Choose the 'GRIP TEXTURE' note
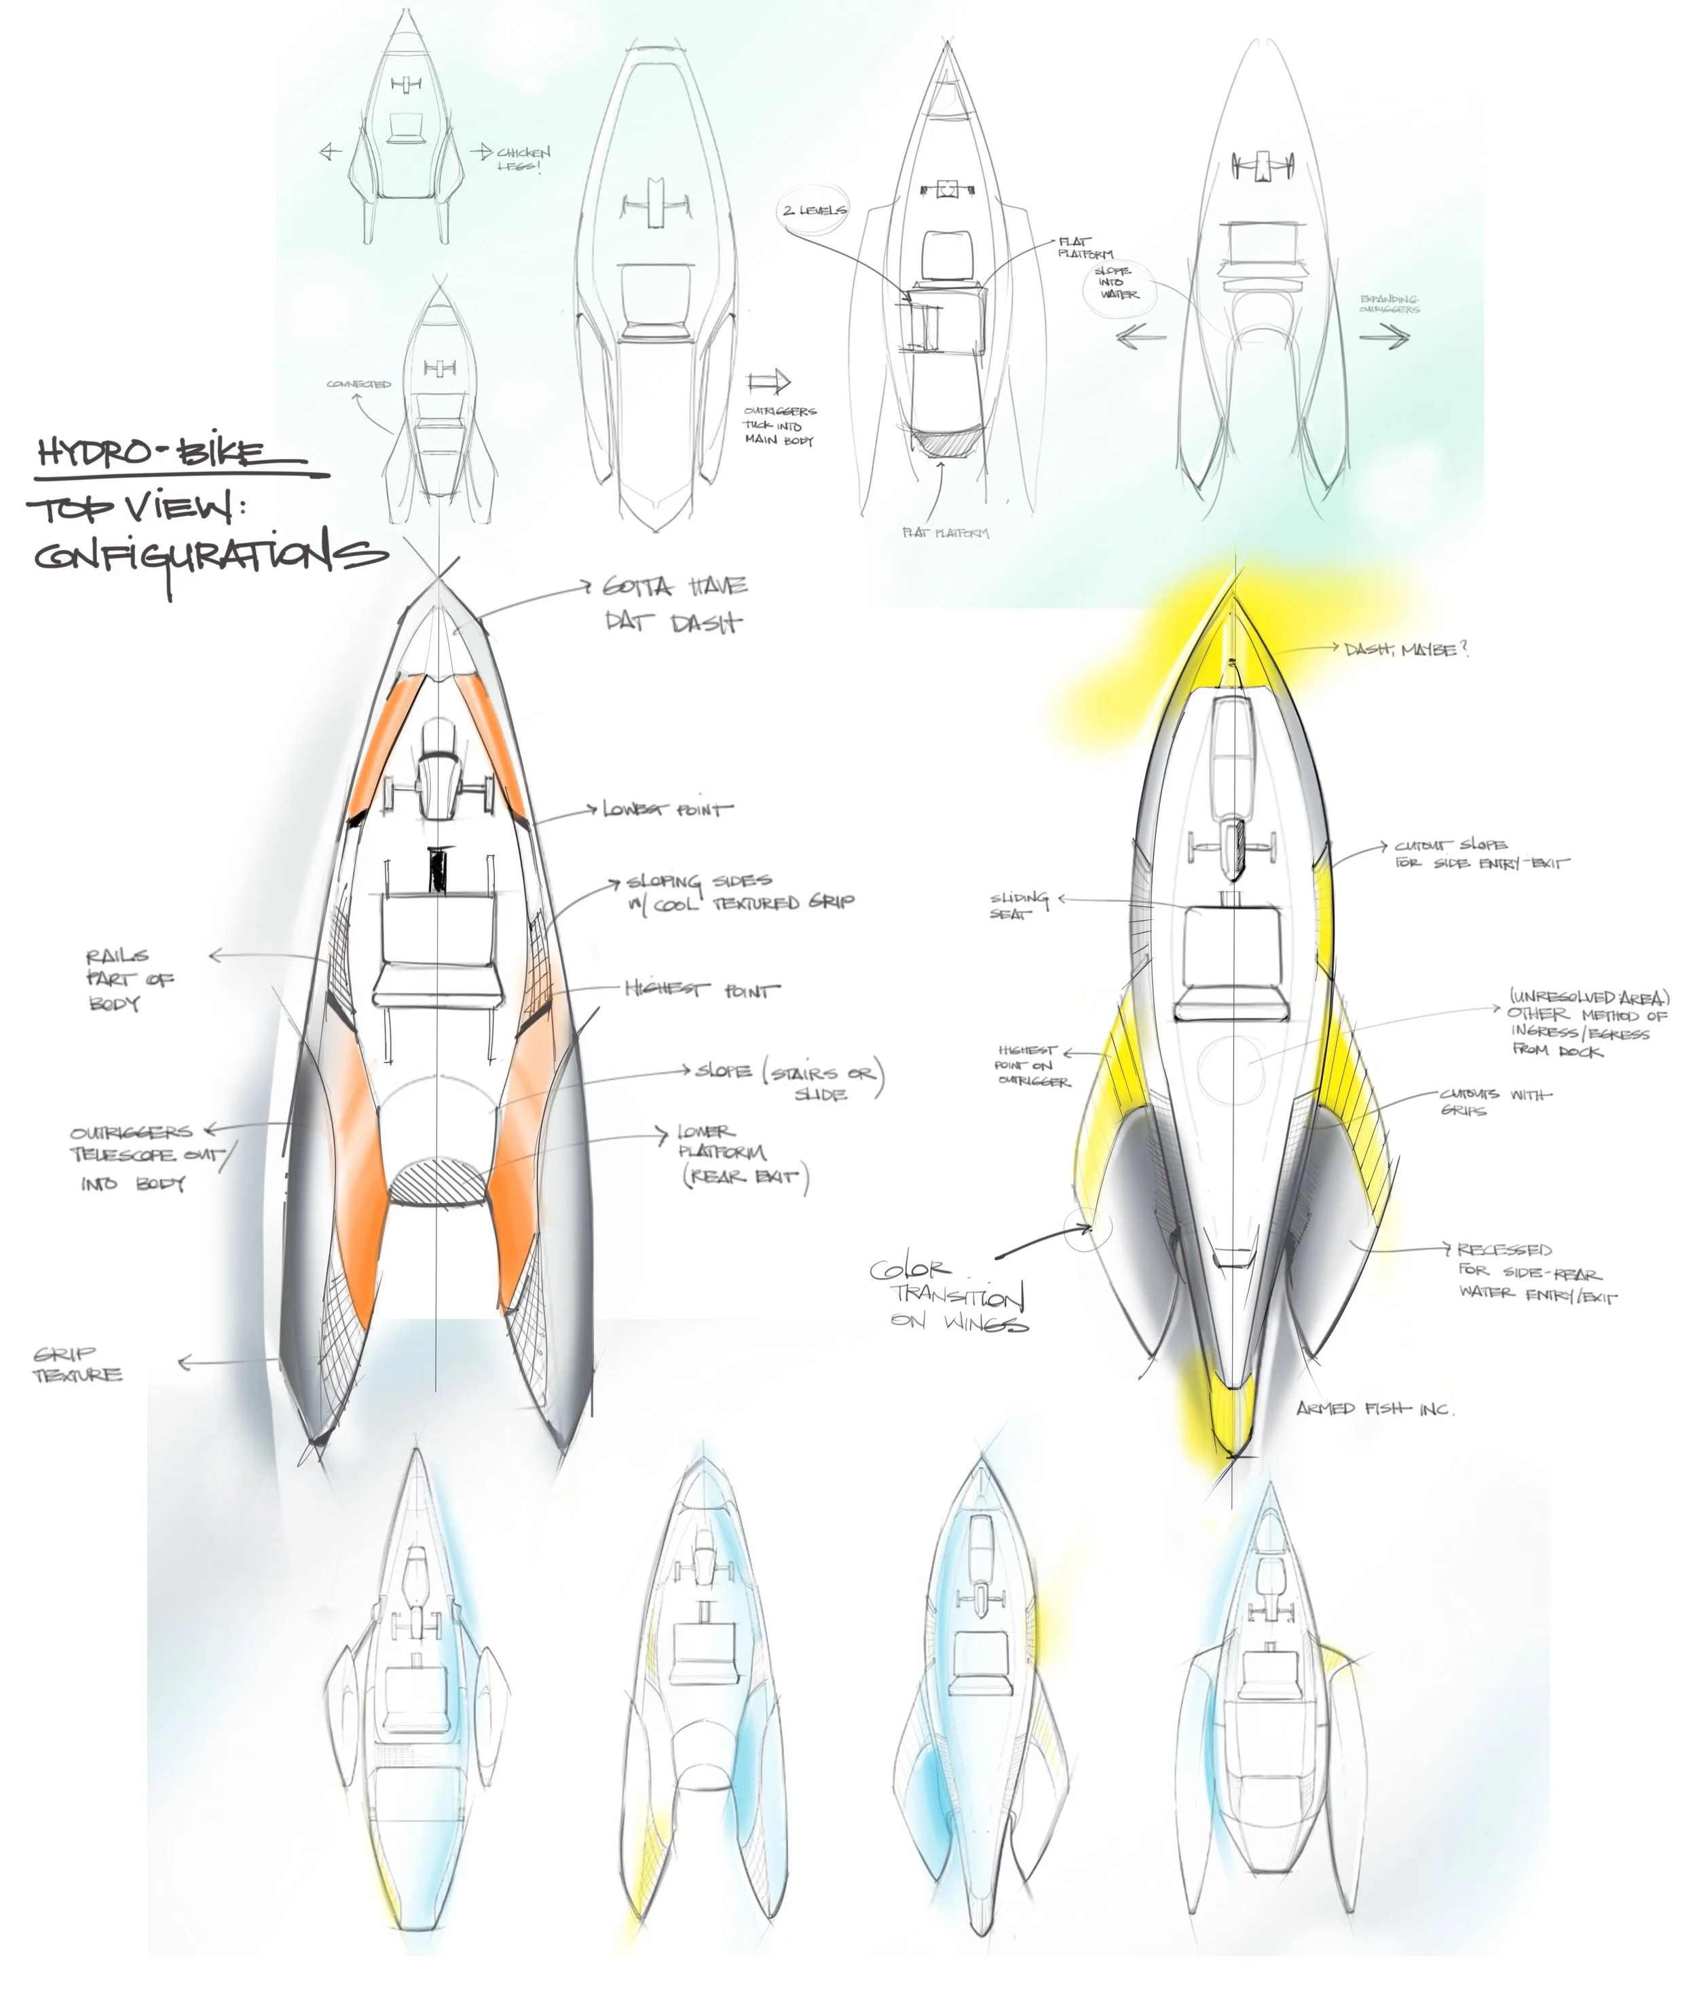click(x=77, y=1364)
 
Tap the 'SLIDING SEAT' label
click(x=1018, y=905)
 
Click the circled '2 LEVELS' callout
click(x=814, y=210)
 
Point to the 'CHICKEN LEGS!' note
click(x=523, y=159)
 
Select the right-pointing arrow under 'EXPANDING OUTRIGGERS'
click(x=1385, y=337)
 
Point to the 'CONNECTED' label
click(x=359, y=384)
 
